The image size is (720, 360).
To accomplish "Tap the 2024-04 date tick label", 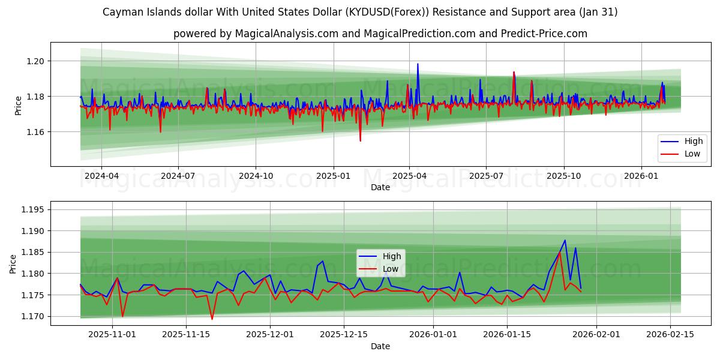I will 101,176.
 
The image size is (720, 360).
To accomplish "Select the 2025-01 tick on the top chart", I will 333,176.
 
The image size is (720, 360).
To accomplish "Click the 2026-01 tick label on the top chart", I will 641,176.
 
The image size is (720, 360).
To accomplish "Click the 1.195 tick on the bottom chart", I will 34,210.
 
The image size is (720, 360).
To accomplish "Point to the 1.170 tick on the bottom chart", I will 34,316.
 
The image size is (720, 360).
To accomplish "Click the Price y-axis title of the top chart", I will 18,106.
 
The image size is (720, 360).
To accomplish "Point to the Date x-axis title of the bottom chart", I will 380,346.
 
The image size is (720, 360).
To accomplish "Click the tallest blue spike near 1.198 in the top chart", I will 418,64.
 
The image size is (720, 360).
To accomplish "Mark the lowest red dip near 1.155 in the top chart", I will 360,141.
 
